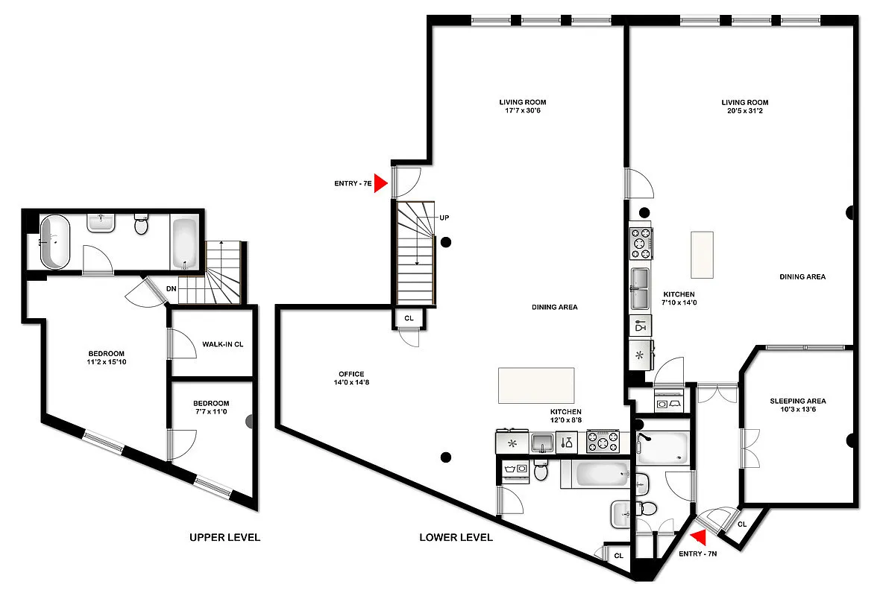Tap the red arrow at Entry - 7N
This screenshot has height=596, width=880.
point(699,537)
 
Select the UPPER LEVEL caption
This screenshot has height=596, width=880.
point(224,537)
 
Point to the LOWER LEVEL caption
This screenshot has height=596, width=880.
point(456,537)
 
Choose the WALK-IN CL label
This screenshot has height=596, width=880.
point(223,344)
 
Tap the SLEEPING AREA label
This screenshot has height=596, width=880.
point(798,401)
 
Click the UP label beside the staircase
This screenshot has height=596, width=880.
point(444,218)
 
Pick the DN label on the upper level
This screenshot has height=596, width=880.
point(172,288)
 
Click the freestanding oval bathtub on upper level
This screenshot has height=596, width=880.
point(55,241)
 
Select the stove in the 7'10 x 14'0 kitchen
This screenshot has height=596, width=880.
point(641,242)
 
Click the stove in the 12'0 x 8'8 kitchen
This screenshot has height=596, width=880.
point(603,441)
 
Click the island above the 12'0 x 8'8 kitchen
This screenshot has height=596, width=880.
point(536,384)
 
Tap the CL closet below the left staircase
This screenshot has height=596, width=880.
point(409,318)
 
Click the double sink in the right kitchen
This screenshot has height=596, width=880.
point(641,288)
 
